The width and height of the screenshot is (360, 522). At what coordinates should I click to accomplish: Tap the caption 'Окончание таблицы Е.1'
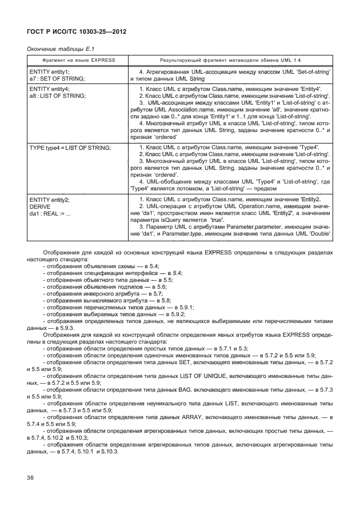click(57, 49)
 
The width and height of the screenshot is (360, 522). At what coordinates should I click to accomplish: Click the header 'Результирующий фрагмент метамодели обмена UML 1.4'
click(230, 60)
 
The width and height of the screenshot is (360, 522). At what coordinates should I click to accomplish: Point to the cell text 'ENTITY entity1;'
click(49, 72)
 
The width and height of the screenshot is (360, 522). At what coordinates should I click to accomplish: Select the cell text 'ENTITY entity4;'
click(49, 90)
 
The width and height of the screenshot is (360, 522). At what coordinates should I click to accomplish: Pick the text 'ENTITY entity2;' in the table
click(49, 199)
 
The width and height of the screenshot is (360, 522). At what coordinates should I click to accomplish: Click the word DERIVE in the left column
click(41, 205)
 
